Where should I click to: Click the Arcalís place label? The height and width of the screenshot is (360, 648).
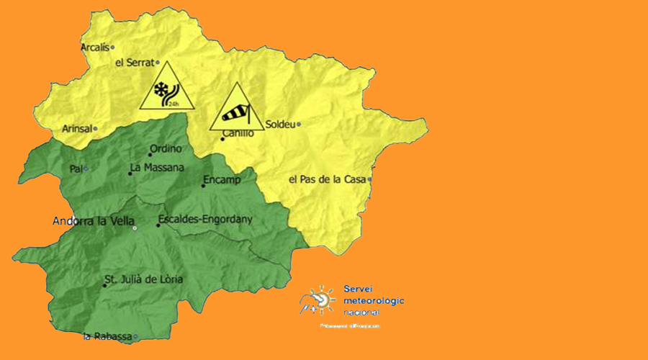click(94, 48)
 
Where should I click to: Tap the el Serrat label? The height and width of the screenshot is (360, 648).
click(135, 63)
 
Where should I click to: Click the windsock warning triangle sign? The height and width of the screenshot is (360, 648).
click(234, 109)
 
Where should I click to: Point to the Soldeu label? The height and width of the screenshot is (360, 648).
click(280, 124)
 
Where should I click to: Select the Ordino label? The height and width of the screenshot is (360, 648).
click(165, 150)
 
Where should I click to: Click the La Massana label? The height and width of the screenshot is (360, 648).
click(157, 168)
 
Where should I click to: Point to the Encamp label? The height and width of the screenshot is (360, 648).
click(222, 179)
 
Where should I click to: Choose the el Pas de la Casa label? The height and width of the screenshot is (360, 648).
click(327, 179)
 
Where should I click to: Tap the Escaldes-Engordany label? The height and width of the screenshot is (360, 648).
click(204, 220)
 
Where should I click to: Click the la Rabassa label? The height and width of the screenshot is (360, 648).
click(107, 336)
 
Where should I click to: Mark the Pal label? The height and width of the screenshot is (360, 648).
click(76, 168)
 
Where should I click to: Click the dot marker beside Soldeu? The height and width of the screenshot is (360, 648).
click(299, 124)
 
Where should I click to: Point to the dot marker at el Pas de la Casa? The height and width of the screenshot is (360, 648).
click(370, 179)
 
